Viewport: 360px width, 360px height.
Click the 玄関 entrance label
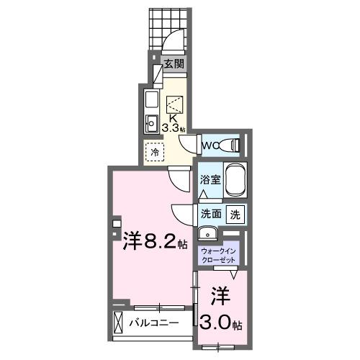click(173, 64)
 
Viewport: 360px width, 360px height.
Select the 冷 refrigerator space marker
click(153, 152)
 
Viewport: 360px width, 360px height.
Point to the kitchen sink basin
click(152, 122)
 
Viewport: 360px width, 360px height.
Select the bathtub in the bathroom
click(236, 181)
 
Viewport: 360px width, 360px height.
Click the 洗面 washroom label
click(210, 214)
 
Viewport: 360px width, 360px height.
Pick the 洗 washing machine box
click(235, 214)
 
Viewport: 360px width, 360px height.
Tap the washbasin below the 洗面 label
click(207, 233)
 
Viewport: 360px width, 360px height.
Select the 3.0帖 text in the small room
click(223, 323)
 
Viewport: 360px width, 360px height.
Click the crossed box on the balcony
click(119, 322)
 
